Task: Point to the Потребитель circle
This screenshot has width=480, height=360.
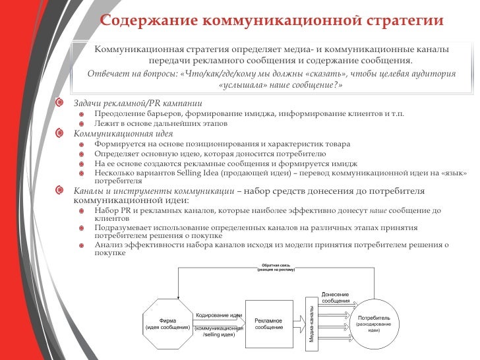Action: (373, 323)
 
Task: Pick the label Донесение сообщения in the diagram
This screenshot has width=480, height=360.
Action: (336, 297)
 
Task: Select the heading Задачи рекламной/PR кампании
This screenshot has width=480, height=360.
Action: (138, 104)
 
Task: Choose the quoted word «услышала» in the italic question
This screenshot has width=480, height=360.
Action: (241, 86)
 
